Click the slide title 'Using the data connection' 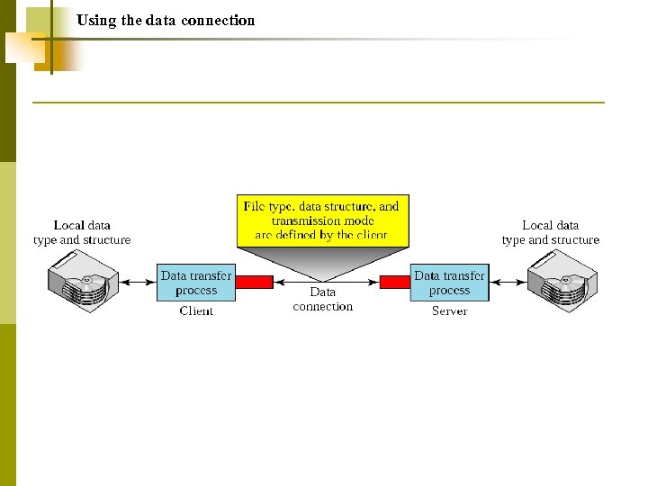coord(166,20)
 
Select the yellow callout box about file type coord(322,220)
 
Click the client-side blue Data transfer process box coord(196,283)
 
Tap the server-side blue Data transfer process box coord(449,283)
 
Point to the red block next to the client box coord(254,282)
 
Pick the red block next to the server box coord(394,282)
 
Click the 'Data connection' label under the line coord(322,299)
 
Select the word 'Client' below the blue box coord(196,310)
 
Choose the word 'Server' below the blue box coord(449,310)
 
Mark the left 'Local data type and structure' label coord(82,232)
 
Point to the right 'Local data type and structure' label coord(550,232)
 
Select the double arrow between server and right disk coord(508,282)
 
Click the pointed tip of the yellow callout coord(322,278)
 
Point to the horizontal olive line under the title coord(319,103)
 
